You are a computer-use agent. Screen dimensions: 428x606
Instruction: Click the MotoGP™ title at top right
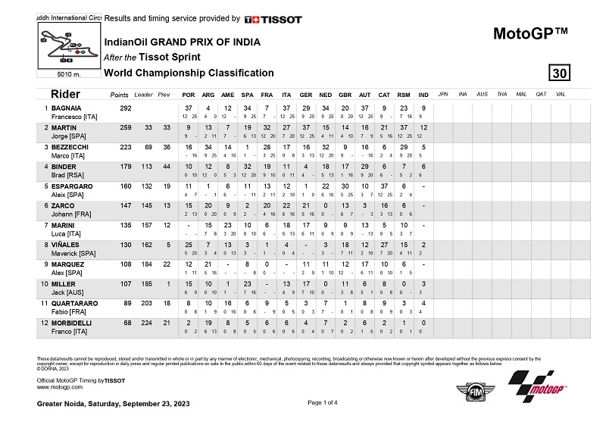(x=530, y=33)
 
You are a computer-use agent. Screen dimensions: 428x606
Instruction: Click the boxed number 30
(x=559, y=73)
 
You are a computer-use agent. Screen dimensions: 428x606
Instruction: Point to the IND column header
(x=423, y=95)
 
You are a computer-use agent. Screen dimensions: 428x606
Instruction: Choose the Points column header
(x=119, y=95)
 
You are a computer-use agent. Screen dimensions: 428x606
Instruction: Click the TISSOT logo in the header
(x=273, y=19)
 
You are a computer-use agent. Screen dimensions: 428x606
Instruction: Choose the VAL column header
(x=561, y=95)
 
